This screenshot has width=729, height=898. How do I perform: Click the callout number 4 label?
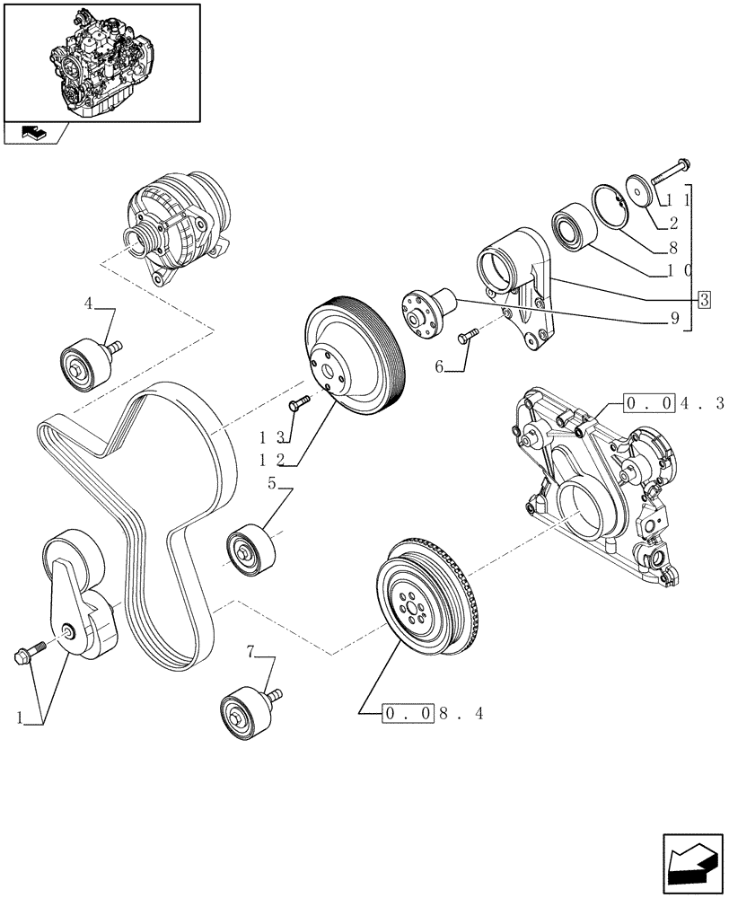click(89, 304)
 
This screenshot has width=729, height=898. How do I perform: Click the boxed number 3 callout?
click(704, 300)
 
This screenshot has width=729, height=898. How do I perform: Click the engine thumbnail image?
click(101, 61)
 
